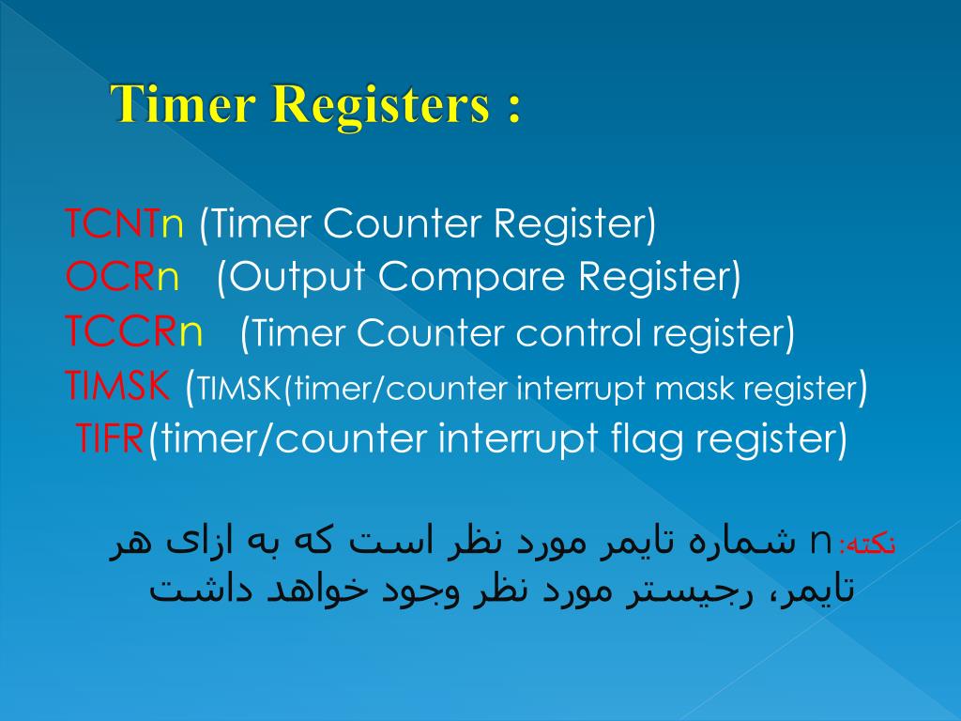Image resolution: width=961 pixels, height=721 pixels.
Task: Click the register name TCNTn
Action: pos(125,224)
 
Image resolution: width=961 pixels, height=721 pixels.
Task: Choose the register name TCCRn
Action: pos(133,331)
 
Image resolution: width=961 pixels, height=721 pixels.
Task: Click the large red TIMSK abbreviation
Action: pos(117,385)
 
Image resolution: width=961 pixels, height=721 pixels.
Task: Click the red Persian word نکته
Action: pos(870,543)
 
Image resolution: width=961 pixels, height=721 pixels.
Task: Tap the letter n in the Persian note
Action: pos(820,542)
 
